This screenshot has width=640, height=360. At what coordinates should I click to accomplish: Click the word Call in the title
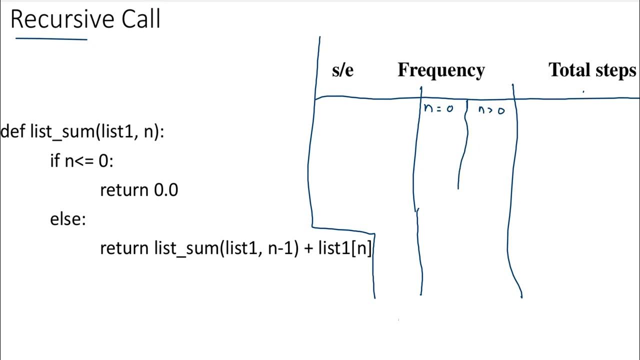point(141,20)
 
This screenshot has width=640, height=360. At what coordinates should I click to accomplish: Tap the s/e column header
point(342,70)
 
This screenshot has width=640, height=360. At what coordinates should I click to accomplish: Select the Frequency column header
point(441,70)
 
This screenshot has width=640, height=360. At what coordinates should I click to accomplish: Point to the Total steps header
point(592,70)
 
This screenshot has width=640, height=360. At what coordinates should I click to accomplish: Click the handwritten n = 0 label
point(438,108)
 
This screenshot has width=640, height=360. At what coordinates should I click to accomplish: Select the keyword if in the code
point(55,161)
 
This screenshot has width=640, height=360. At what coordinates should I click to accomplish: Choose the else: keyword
point(68,219)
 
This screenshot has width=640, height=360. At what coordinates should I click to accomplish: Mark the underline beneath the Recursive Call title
point(51,38)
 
